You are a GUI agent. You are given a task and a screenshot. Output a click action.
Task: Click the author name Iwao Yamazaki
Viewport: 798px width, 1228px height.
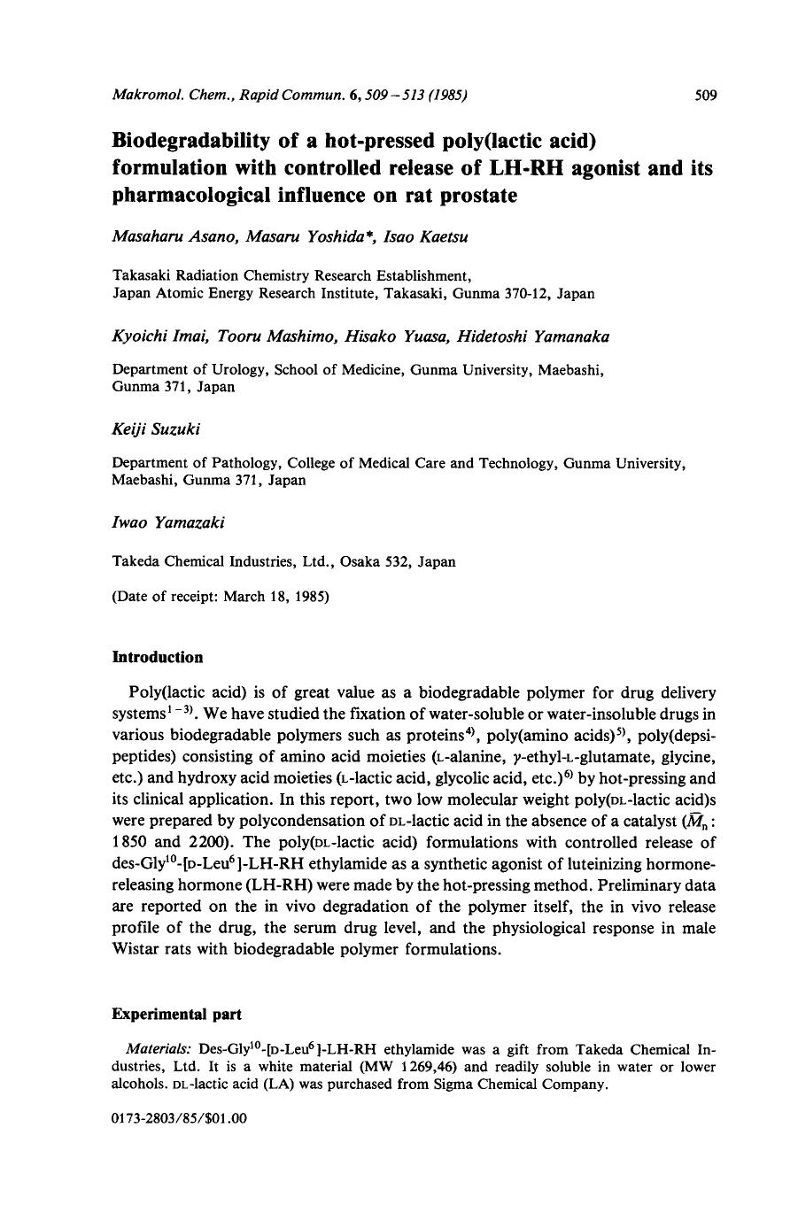click(x=168, y=522)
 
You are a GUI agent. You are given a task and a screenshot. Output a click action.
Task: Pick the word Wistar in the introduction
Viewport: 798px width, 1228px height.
click(x=139, y=950)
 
